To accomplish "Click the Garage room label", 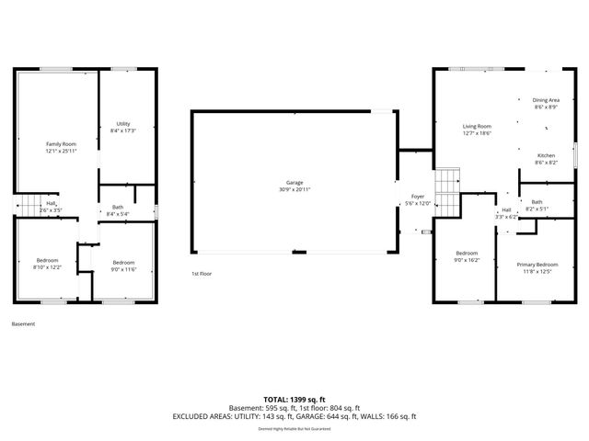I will (x=294, y=183).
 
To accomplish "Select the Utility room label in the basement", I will (x=122, y=124).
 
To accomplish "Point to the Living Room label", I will (x=477, y=126).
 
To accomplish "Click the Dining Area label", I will (x=547, y=100).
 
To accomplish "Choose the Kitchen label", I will (x=547, y=155).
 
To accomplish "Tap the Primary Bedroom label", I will (x=537, y=264).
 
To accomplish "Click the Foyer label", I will (x=418, y=197).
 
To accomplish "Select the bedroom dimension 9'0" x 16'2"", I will (x=468, y=260).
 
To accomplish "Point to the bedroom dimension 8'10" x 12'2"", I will (x=48, y=267).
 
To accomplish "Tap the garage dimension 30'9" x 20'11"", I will (x=294, y=189).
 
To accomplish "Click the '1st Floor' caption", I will (x=202, y=274).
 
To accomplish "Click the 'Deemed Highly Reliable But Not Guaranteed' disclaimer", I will (x=294, y=428).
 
